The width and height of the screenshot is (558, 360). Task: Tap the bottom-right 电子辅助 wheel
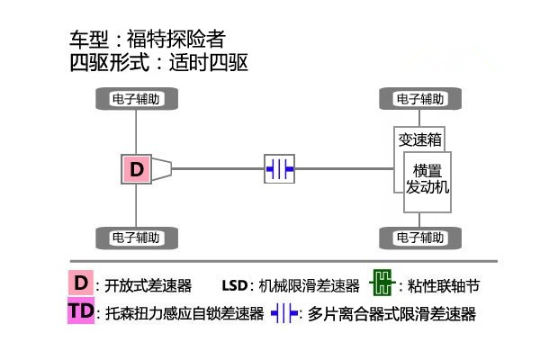(x=420, y=238)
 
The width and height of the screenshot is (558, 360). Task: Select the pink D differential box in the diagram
(x=136, y=168)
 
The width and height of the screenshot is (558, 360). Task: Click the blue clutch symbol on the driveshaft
(x=279, y=168)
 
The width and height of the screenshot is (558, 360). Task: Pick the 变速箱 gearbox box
(x=419, y=139)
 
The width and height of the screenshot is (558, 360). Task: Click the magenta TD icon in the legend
(x=81, y=311)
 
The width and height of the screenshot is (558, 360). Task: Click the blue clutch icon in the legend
(x=284, y=313)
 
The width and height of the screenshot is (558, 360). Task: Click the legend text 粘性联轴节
(x=444, y=286)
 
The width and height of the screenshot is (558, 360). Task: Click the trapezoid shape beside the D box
(x=162, y=168)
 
